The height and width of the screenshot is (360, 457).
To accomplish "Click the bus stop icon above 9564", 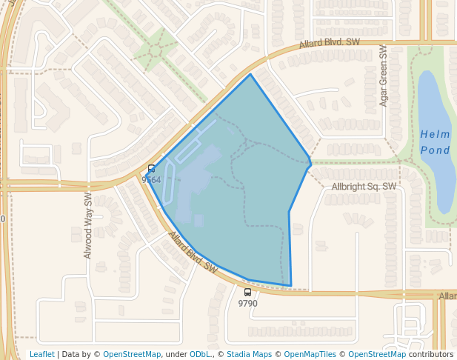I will (151, 169).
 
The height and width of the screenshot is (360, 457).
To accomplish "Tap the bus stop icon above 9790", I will (247, 293).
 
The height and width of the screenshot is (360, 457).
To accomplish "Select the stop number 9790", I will (247, 304).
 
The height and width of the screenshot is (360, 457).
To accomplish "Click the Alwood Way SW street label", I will (88, 225).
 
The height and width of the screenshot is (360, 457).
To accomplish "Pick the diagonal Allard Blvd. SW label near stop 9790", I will (193, 253).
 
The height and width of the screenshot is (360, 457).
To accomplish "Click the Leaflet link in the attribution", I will (41, 354).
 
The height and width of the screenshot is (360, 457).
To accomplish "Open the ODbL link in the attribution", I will (199, 354).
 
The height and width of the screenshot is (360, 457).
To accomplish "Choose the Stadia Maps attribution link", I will (249, 354).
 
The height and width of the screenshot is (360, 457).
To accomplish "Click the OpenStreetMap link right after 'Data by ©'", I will (131, 354).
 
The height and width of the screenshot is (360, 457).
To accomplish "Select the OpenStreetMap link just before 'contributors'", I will (377, 354).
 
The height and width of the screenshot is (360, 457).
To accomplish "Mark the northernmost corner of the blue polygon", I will (250, 74).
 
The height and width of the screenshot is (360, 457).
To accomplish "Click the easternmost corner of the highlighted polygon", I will (311, 161).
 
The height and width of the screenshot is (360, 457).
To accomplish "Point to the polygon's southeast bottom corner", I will (290, 286).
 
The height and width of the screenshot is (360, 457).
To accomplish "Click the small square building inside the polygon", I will (199, 220).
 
